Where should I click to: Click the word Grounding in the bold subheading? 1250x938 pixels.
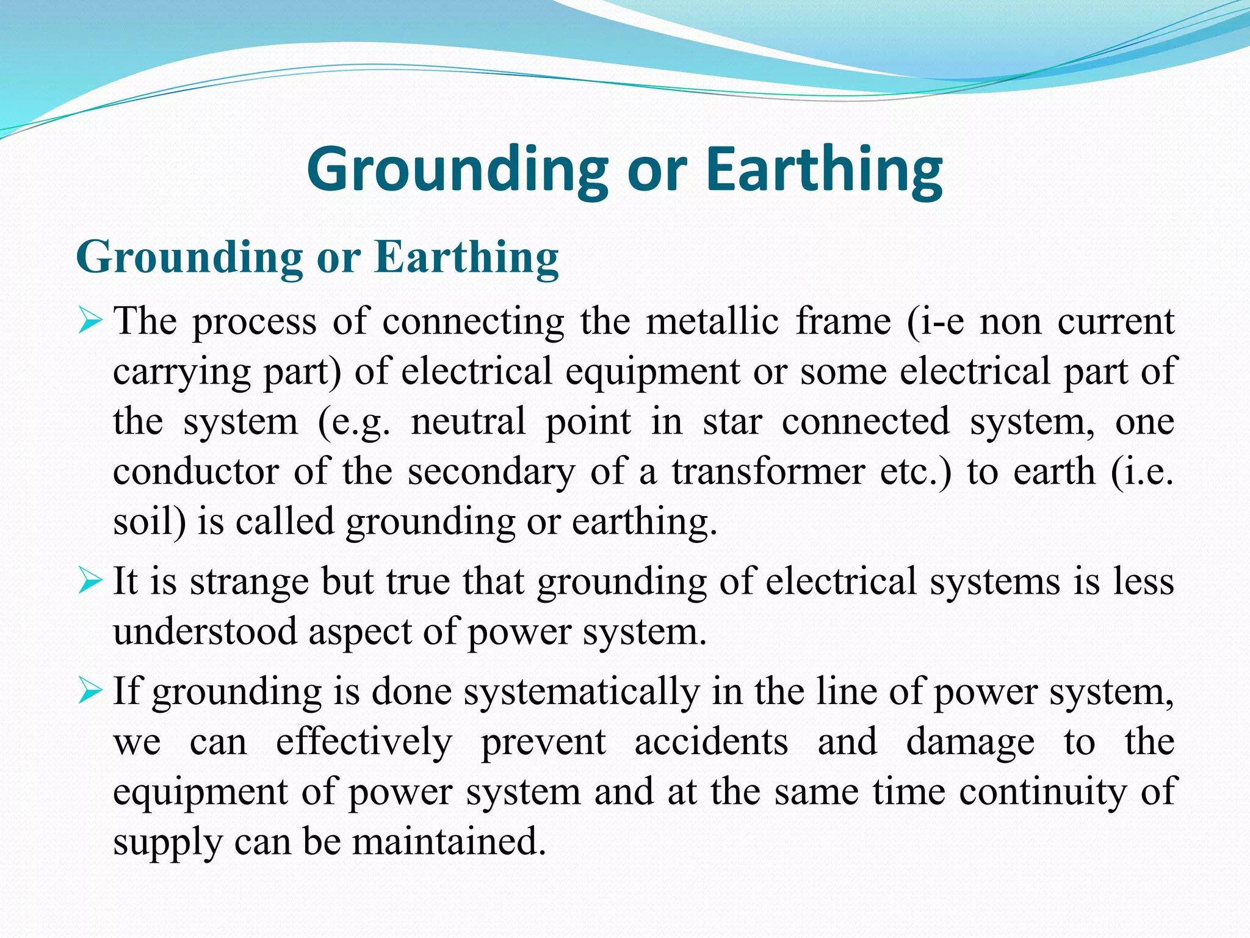[189, 257]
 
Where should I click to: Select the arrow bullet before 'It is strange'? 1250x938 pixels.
[90, 581]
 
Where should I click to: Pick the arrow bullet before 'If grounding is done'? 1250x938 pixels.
[90, 692]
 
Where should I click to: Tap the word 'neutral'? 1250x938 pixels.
[468, 421]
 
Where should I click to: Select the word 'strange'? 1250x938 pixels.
[249, 582]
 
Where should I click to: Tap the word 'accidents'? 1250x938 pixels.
[711, 742]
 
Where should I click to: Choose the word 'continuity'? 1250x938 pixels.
[1042, 792]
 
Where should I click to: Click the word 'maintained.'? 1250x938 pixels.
[449, 842]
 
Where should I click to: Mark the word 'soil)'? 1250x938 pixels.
[149, 522]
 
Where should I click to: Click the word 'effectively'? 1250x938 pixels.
[364, 742]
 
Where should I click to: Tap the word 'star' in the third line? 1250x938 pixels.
[732, 421]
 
